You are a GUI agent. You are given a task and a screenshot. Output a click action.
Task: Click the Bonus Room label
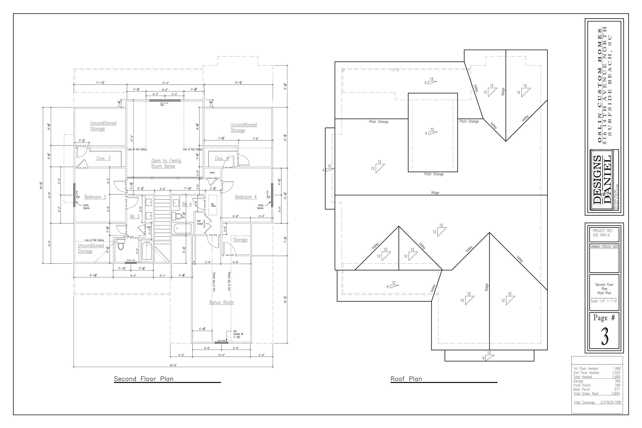221,302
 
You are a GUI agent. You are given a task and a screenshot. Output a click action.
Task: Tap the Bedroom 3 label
95,197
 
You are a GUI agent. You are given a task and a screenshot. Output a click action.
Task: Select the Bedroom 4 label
246,197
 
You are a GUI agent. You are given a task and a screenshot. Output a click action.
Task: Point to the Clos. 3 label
103,158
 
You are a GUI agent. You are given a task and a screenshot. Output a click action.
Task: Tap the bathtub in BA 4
182,228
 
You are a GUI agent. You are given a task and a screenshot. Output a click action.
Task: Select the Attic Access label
213,205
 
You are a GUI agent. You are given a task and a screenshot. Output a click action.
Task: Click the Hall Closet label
200,222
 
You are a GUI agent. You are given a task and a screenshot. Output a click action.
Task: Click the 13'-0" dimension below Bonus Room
221,355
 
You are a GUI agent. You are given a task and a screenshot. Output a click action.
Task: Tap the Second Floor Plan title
144,379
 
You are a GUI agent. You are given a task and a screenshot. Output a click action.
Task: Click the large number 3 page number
604,336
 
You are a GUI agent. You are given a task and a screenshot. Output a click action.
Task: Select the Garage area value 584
617,381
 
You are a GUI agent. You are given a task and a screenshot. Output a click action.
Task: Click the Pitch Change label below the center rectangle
433,174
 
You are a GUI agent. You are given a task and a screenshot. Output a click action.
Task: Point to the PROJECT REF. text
603,231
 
